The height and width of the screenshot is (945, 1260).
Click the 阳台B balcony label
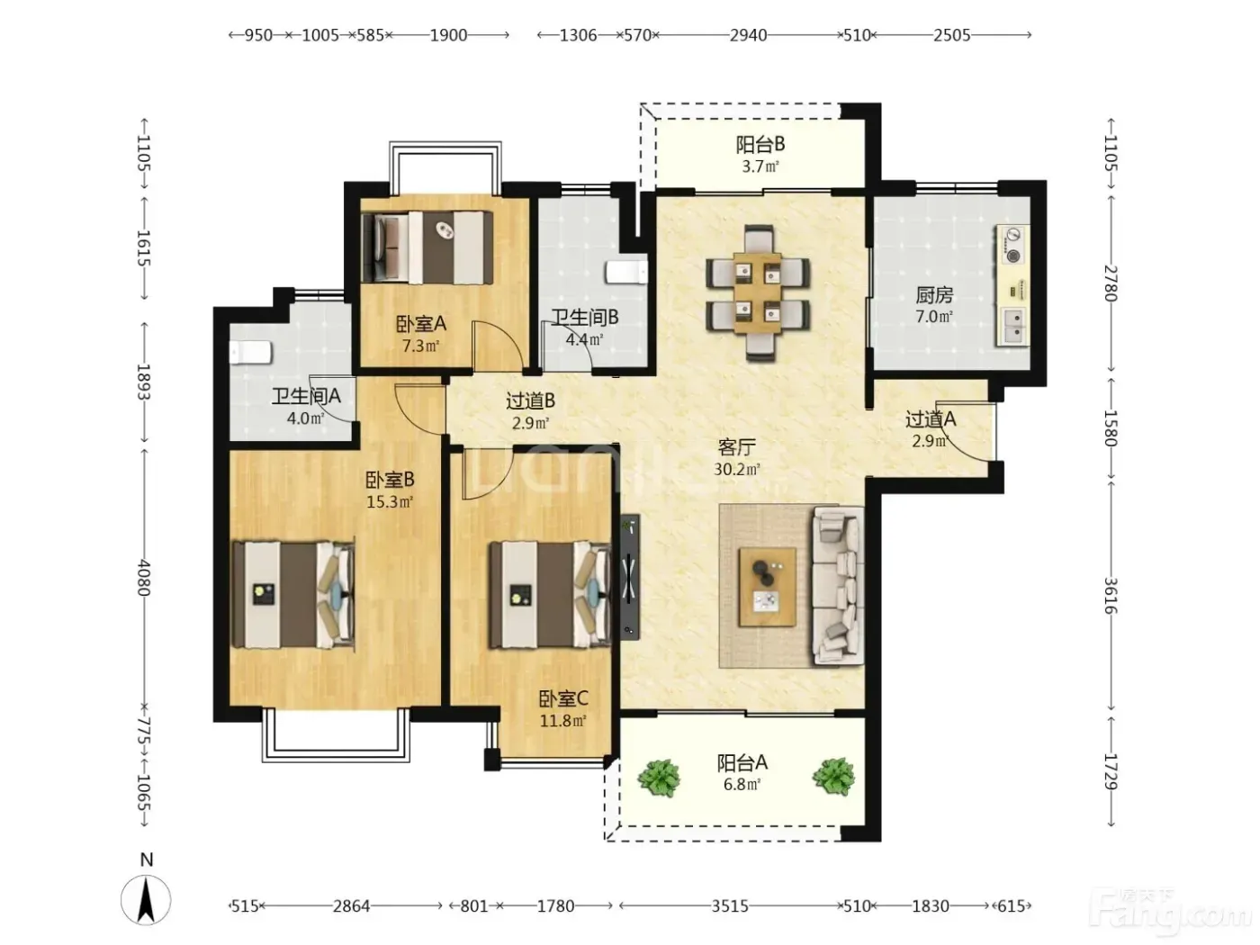[760, 145]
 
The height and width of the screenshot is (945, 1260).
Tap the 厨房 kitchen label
[934, 295]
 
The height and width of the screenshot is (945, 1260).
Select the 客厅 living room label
[737, 447]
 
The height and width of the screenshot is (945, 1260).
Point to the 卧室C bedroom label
[563, 699]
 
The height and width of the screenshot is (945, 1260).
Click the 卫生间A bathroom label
[306, 396]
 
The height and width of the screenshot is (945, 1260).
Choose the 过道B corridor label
[530, 401]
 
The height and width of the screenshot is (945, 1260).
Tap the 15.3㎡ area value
[390, 501]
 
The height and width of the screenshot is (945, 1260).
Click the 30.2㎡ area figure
[737, 469]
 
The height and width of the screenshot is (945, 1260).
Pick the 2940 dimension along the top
[749, 36]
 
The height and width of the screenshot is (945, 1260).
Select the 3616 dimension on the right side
[1111, 596]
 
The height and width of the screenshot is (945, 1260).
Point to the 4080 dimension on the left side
[143, 577]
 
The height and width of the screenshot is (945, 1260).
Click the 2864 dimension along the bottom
[351, 906]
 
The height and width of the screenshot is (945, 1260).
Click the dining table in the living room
[759, 292]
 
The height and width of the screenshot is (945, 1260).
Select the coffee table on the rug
[768, 587]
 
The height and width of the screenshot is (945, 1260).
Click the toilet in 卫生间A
[250, 352]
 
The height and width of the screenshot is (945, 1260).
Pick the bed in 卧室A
[427, 247]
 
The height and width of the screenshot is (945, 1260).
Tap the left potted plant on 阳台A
[660, 778]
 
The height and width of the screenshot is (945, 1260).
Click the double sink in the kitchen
[1015, 326]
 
